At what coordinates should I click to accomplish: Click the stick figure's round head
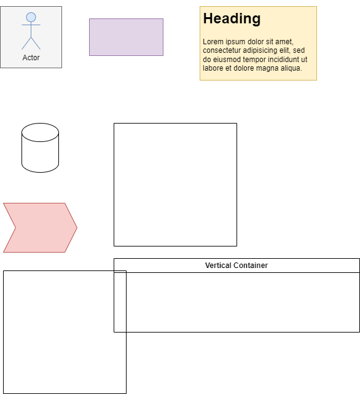point(31,17)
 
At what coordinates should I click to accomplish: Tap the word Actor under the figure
point(31,58)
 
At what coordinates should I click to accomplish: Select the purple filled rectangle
point(126,37)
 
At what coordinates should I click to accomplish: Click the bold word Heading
point(232,18)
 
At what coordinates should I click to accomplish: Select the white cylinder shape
point(40,148)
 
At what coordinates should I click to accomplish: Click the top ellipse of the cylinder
point(40,132)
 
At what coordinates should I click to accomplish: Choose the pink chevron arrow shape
point(40,227)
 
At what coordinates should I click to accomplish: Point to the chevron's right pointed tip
point(77,227)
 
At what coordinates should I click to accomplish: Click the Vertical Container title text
point(237,266)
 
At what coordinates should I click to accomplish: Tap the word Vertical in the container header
point(218,266)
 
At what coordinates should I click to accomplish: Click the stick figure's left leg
point(26,44)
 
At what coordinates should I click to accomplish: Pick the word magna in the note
point(265,68)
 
